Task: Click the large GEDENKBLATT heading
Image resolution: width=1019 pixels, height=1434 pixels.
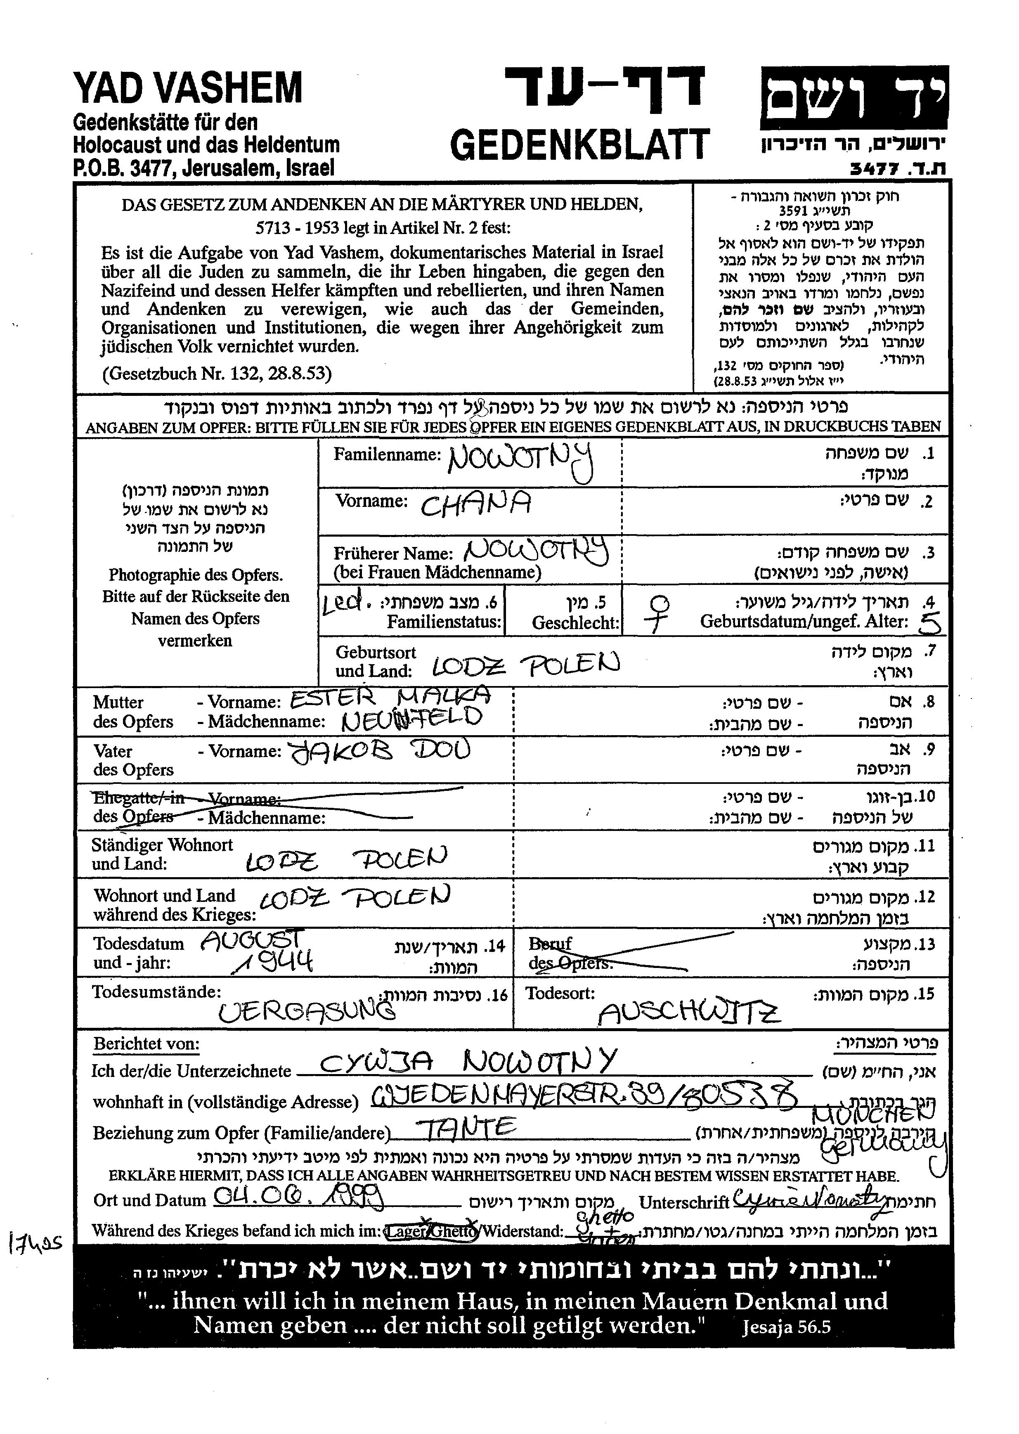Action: (x=580, y=145)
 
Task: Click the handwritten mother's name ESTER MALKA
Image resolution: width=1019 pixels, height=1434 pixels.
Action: (x=390, y=698)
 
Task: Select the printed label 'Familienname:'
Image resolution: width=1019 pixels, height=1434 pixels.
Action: (x=387, y=454)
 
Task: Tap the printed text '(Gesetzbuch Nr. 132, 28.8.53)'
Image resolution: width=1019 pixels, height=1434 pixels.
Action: (x=217, y=374)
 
